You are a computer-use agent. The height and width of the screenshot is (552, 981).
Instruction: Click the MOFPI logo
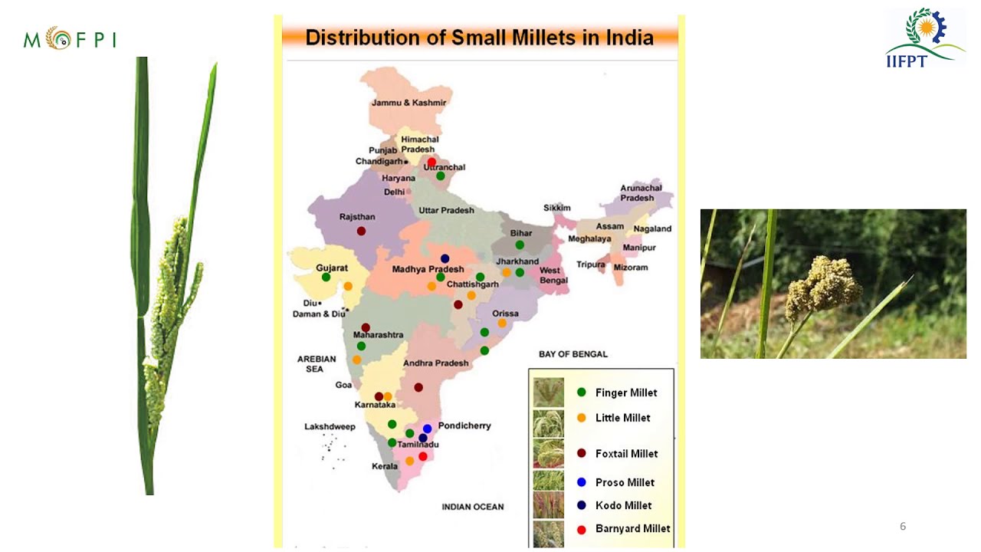(70, 38)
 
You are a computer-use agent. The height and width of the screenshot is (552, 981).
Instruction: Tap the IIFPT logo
(924, 38)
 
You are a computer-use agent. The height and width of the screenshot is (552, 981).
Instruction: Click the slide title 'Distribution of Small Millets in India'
(479, 38)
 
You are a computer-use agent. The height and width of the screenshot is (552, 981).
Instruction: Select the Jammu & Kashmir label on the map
(408, 103)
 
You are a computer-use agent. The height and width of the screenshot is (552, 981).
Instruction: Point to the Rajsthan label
(357, 217)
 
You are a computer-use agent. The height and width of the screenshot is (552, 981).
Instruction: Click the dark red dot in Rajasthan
(361, 231)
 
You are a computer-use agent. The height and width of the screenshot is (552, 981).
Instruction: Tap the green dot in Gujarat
(326, 277)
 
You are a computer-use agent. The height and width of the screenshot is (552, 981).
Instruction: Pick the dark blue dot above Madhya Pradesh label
(445, 258)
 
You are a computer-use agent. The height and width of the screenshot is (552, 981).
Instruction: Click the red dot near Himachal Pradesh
(431, 162)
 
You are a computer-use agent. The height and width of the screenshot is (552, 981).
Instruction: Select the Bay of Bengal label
(573, 354)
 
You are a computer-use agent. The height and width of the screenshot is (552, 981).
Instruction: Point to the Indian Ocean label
(473, 507)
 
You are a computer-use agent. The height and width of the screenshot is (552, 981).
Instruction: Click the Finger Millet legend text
(626, 393)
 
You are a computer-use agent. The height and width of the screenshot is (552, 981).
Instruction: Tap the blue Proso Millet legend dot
(581, 482)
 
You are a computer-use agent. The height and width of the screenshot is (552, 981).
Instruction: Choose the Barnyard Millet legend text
(632, 528)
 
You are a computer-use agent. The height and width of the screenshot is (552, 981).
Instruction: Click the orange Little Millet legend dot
(581, 418)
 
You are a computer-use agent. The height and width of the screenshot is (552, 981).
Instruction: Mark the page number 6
(903, 526)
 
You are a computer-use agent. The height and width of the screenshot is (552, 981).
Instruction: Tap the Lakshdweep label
(330, 426)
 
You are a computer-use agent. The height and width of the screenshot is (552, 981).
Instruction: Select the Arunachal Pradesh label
(637, 192)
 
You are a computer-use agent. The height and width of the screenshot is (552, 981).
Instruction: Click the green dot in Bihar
(519, 245)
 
